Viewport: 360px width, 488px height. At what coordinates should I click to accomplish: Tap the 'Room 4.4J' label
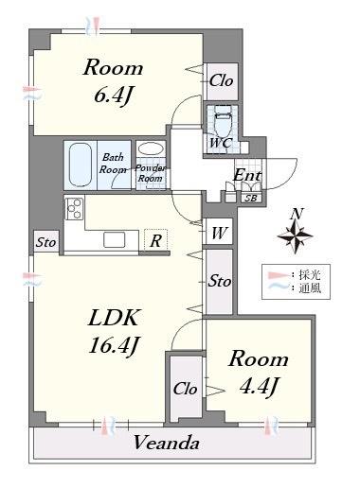[x=258, y=372]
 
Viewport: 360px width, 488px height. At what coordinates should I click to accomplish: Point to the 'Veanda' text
[x=167, y=443]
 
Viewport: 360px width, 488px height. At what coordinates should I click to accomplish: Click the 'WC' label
[x=220, y=143]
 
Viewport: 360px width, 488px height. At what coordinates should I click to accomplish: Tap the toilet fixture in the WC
[x=223, y=120]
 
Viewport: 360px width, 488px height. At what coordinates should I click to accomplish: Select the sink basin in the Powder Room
[x=150, y=149]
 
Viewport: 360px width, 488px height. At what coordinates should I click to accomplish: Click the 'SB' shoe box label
[x=250, y=197]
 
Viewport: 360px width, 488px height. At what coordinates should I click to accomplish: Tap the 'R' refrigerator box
[x=154, y=241]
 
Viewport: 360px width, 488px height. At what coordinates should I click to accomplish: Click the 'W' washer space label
[x=218, y=232]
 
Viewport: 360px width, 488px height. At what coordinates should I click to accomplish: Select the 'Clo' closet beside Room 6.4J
[x=222, y=80]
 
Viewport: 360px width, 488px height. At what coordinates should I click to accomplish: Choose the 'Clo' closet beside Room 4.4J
[x=185, y=388]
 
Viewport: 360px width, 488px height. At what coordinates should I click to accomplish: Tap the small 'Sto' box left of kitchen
[x=45, y=242]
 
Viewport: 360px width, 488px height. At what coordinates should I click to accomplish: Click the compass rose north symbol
[x=297, y=233]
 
